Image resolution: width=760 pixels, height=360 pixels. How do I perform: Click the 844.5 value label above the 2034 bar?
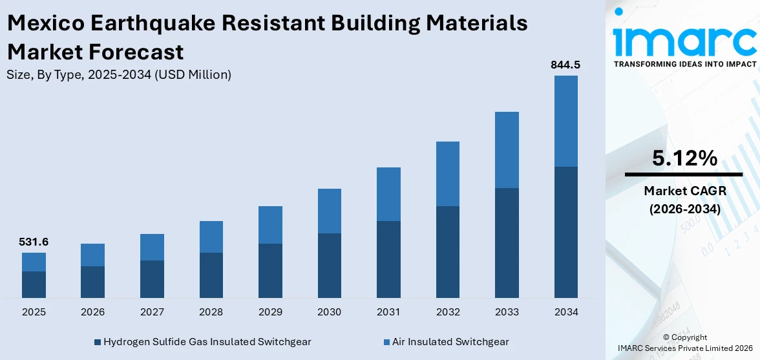click(x=565, y=65)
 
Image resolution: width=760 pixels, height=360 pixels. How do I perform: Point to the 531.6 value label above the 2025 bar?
click(x=34, y=242)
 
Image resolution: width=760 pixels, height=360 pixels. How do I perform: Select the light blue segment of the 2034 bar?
click(x=565, y=121)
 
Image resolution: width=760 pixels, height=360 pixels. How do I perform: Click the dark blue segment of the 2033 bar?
click(x=507, y=242)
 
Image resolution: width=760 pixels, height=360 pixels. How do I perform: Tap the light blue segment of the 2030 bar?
click(x=329, y=211)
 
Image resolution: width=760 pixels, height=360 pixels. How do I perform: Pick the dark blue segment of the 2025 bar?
click(x=34, y=284)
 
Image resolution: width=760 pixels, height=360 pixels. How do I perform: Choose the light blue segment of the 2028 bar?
click(x=211, y=237)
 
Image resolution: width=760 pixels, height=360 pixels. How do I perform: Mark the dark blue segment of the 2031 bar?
click(x=388, y=259)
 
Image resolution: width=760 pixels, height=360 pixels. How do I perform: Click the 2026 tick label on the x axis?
click(x=92, y=312)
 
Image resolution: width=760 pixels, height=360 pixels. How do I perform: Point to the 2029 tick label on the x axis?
click(x=270, y=312)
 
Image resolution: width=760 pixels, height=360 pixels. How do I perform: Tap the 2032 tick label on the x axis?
click(x=447, y=312)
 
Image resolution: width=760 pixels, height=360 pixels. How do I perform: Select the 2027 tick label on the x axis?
click(x=152, y=312)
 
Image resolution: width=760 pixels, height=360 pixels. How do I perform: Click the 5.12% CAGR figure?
click(x=684, y=158)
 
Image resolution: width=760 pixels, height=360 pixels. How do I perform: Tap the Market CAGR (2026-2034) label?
click(x=684, y=200)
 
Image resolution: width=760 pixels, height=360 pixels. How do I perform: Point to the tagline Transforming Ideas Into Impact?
click(x=684, y=64)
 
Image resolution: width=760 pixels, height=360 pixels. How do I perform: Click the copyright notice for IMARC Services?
click(x=684, y=343)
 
